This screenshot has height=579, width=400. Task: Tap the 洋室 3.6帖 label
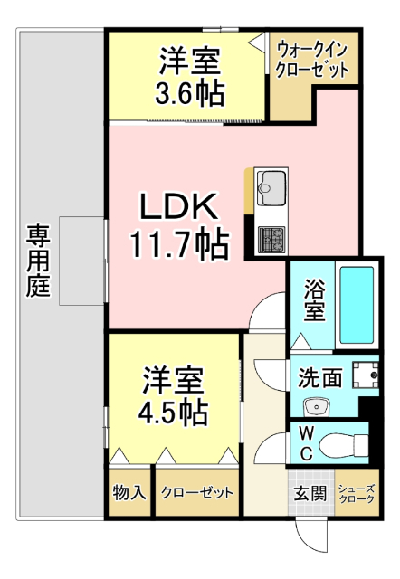(x=191, y=76)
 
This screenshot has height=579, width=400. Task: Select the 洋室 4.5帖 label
(x=175, y=395)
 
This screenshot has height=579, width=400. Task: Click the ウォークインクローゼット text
(x=311, y=60)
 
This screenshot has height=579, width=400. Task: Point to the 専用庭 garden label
(x=38, y=262)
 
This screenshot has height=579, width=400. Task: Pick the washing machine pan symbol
(x=364, y=375)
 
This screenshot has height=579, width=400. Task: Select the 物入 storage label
(x=129, y=493)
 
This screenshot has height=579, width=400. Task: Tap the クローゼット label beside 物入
(x=197, y=493)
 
